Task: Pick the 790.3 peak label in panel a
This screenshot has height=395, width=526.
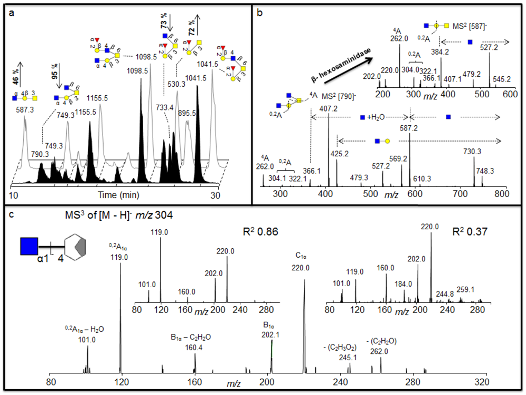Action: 40,154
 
